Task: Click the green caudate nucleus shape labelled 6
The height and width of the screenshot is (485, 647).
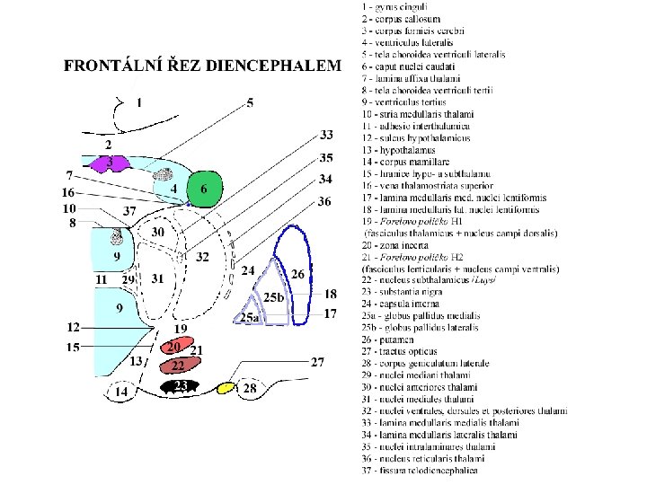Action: (x=206, y=189)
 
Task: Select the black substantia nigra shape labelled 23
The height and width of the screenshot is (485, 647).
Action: (x=181, y=386)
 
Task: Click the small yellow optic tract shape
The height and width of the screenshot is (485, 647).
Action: (x=226, y=388)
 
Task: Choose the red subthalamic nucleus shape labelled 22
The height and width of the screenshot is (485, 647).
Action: (x=179, y=366)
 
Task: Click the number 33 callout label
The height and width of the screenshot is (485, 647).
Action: (x=327, y=136)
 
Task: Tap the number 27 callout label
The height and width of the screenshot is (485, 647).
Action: (x=317, y=362)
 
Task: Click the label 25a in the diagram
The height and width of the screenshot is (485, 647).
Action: (x=249, y=318)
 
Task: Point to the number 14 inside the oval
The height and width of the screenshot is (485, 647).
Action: (x=119, y=392)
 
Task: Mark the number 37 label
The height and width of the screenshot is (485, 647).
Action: (x=129, y=210)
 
